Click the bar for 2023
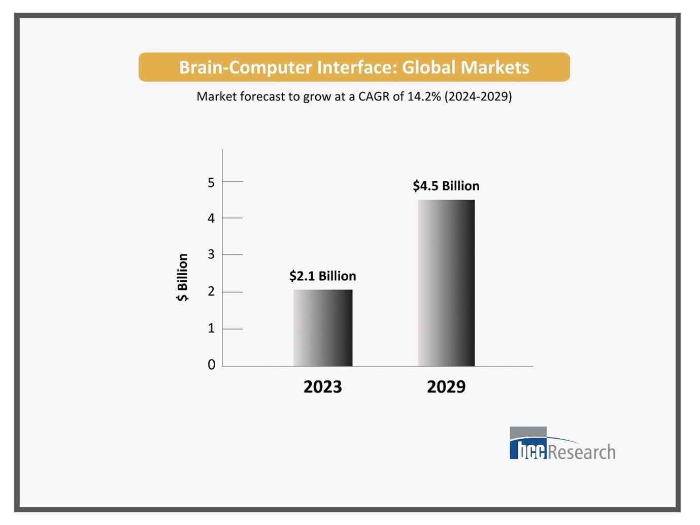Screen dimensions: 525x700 tap(322, 328)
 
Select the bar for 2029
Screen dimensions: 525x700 tap(446, 283)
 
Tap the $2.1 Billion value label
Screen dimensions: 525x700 tap(322, 276)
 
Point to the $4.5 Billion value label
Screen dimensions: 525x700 tap(446, 186)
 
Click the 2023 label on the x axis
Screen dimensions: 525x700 tap(322, 387)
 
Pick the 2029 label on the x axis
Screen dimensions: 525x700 tap(446, 387)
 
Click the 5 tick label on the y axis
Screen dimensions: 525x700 tap(211, 182)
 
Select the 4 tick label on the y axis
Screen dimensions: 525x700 tap(211, 218)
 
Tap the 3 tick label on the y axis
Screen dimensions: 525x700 tap(211, 254)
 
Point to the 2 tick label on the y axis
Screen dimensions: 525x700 tap(211, 291)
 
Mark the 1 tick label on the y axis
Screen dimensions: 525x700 tap(211, 329)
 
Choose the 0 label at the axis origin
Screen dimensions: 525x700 tap(211, 365)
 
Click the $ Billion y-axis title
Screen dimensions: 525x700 tap(182, 277)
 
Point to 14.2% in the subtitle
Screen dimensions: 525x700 tap(424, 96)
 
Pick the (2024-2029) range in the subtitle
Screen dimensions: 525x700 tap(478, 96)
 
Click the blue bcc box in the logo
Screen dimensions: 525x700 tap(528, 449)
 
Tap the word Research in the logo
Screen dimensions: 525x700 tap(582, 452)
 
